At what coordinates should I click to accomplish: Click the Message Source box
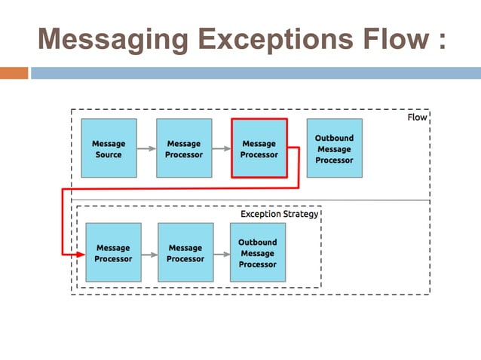click(109, 148)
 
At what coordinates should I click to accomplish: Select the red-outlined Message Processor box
click(259, 148)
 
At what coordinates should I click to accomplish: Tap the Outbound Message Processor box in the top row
click(334, 148)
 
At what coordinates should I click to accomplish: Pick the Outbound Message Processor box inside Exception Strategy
click(257, 253)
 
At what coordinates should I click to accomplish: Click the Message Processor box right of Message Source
click(184, 148)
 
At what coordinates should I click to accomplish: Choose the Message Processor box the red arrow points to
click(113, 253)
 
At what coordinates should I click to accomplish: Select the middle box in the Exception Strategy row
click(185, 253)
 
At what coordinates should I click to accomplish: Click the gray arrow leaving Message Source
click(146, 149)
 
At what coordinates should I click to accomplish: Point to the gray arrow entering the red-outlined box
click(221, 149)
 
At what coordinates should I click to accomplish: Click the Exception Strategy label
click(279, 214)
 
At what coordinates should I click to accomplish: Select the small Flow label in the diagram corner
click(416, 117)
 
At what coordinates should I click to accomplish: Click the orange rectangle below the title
click(14, 73)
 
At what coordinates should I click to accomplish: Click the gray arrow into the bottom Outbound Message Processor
click(222, 254)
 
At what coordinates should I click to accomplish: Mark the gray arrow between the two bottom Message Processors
click(149, 254)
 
